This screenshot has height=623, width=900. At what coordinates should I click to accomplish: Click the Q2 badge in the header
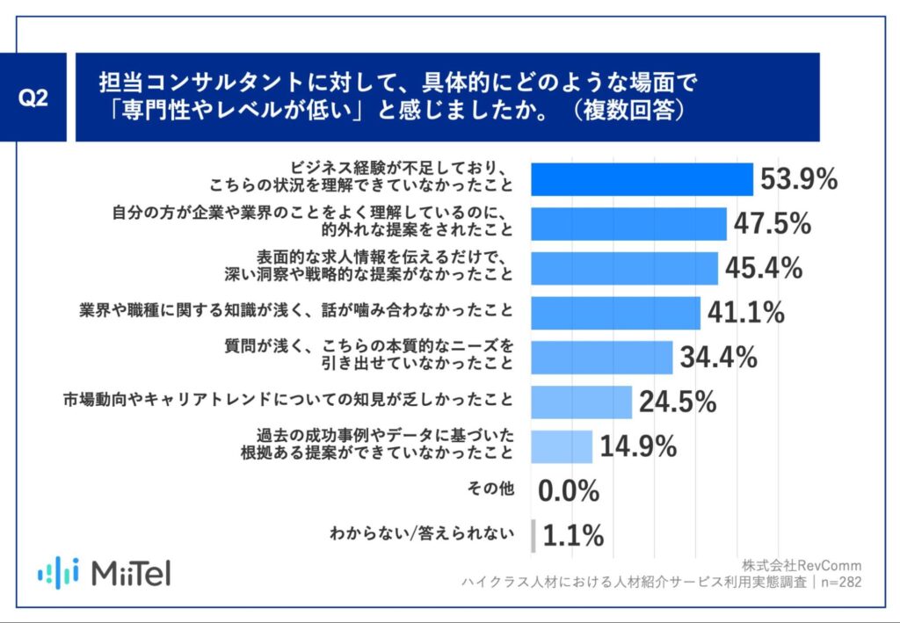click(33, 98)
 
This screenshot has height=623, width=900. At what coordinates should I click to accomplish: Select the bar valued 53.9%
click(642, 179)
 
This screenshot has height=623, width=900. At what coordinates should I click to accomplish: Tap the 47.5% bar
click(629, 224)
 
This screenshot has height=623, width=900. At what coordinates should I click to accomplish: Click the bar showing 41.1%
click(616, 312)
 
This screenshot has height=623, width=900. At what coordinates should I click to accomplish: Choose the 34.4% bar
click(602, 357)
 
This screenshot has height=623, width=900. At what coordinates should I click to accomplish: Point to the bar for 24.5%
click(582, 402)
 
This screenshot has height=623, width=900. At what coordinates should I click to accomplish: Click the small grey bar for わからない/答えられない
click(533, 535)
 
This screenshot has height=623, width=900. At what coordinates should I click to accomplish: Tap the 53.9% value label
click(798, 179)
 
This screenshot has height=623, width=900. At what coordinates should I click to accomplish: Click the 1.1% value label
click(573, 535)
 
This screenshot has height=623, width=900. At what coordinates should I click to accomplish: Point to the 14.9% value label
click(638, 446)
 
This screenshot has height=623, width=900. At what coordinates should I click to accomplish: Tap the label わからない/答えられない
click(421, 534)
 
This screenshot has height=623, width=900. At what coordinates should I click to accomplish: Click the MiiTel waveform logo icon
click(59, 572)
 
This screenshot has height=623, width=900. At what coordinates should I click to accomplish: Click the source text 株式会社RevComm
click(802, 564)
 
